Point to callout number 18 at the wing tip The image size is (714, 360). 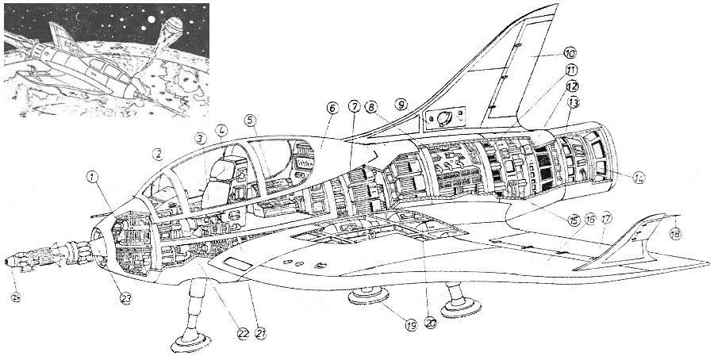pyautogui.click(x=675, y=234)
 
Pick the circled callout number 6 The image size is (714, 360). pyautogui.click(x=332, y=109)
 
